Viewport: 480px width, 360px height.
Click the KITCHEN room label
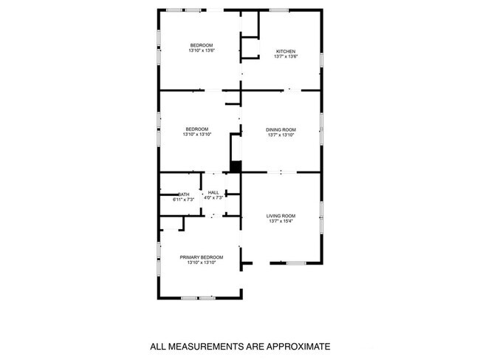coord(285,52)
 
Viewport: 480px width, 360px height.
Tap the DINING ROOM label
coord(281,129)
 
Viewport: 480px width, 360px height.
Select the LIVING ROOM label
coord(281,216)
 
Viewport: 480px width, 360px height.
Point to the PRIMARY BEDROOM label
coord(202,257)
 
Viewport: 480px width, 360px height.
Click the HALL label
coord(213,192)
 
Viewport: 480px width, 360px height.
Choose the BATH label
coord(183,194)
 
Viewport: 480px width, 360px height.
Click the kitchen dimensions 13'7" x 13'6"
coord(285,57)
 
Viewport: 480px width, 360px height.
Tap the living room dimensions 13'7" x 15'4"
coord(281,221)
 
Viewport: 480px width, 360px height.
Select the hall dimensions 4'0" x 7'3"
coord(213,197)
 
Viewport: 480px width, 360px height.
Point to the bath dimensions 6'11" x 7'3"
coord(183,200)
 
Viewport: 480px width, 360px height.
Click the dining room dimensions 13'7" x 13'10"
coord(281,135)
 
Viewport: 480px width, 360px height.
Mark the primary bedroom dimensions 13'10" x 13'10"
coord(202,262)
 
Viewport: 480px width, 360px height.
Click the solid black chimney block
coord(236,166)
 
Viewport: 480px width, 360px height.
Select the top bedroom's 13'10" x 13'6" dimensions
coord(201,51)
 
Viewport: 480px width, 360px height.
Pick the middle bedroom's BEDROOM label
coord(197,129)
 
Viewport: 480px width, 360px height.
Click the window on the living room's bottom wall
coord(296,263)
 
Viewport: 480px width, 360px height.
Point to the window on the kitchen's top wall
coord(278,10)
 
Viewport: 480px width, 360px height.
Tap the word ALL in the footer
coord(158,345)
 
